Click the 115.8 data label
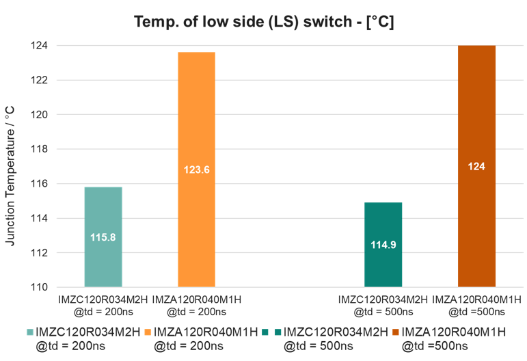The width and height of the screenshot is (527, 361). (x=103, y=237)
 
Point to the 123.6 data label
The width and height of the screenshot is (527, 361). (x=196, y=170)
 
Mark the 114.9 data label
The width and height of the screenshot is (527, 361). (x=383, y=244)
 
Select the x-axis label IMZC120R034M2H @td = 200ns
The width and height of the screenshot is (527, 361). (x=103, y=305)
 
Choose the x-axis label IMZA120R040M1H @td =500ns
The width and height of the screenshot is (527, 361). (x=476, y=305)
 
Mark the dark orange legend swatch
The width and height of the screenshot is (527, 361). (x=395, y=332)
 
